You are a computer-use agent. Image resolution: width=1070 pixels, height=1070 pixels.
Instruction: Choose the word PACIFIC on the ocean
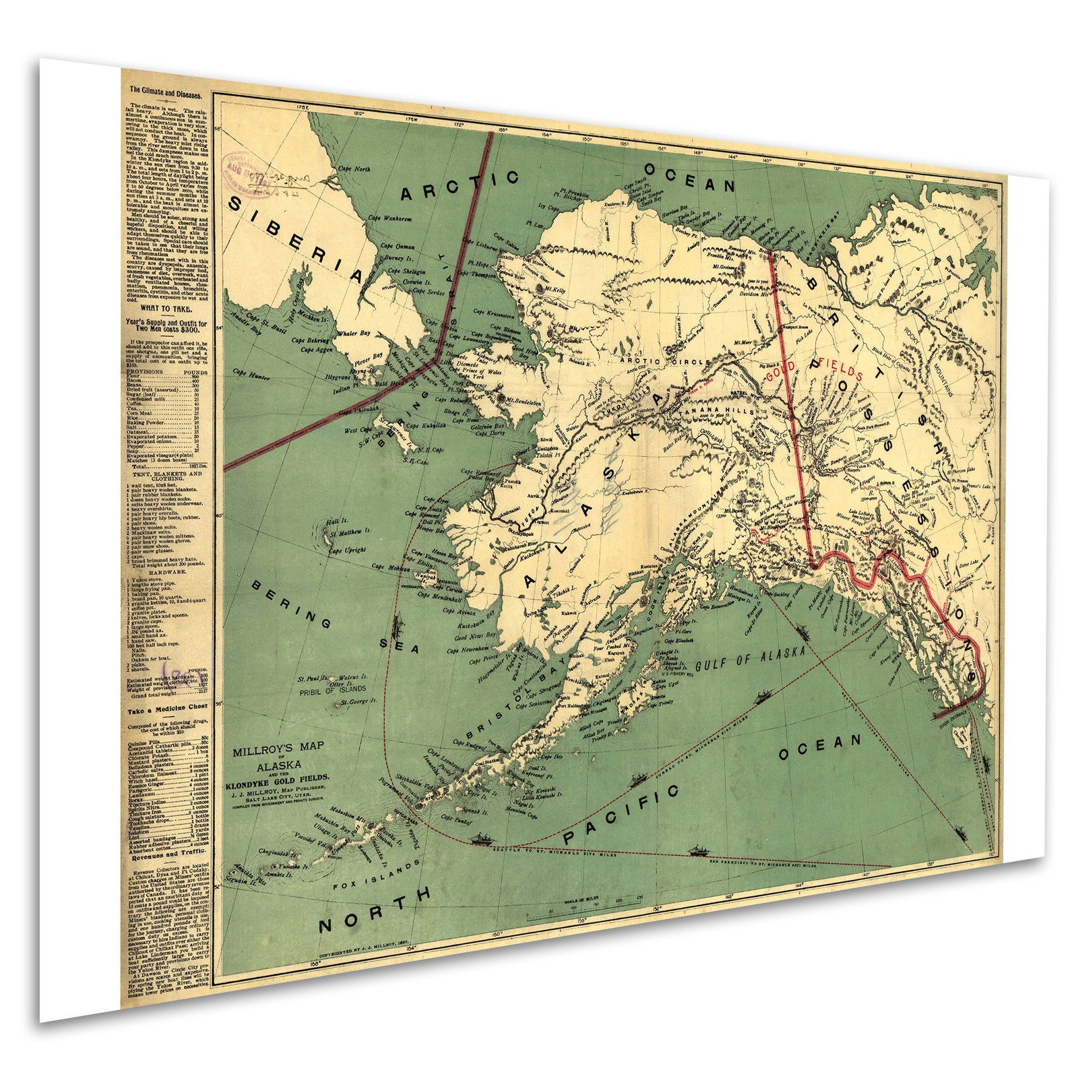click(621, 815)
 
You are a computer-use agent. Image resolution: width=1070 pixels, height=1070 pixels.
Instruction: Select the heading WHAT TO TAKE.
click(166, 309)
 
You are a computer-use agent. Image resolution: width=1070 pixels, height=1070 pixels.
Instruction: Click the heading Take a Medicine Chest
click(168, 708)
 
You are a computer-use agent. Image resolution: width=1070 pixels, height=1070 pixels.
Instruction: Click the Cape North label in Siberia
click(354, 169)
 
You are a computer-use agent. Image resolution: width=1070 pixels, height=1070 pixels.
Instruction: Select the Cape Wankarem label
click(389, 218)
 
